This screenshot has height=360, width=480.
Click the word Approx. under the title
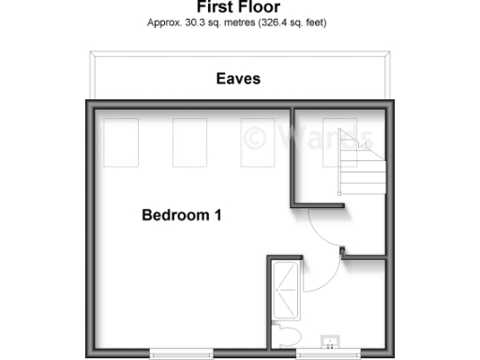pos(163,22)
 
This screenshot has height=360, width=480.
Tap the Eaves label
pos(238,79)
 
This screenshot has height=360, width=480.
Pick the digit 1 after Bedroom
pos(217,216)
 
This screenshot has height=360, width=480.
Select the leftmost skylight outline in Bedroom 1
pos(118,142)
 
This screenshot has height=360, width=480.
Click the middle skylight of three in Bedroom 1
pos(188,142)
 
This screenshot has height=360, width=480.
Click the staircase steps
pos(362,172)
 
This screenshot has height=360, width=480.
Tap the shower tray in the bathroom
pos(285,290)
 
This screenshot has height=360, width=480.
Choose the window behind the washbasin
pos(329,353)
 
